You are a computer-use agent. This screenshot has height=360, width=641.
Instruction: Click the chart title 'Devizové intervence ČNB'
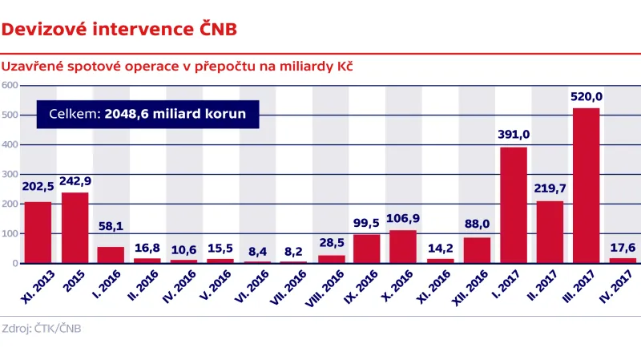coord(119,30)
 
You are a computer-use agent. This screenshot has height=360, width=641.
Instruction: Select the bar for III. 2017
coord(586,185)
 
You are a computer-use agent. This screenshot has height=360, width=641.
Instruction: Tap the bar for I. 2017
coord(513,205)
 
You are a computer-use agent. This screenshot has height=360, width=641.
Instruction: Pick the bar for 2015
coord(75,228)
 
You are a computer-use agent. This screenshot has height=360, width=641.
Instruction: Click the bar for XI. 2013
coord(38,233)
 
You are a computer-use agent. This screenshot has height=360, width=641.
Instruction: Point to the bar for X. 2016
coord(403,247)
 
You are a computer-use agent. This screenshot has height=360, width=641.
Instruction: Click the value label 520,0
coord(586,97)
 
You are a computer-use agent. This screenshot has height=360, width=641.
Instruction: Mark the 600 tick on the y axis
coord(10,86)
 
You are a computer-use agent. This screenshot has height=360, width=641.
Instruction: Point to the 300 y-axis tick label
coord(10,175)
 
